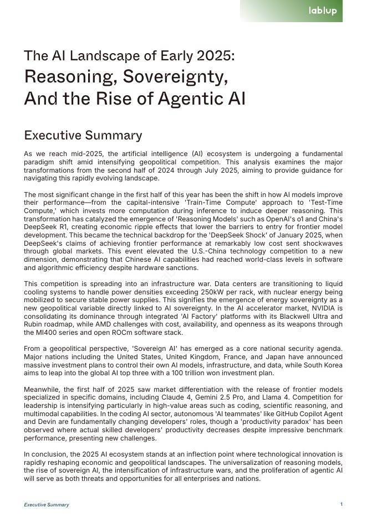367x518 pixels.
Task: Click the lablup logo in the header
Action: coord(323,11)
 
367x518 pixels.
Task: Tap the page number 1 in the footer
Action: coord(341,504)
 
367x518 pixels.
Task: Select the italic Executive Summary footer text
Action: coord(47,505)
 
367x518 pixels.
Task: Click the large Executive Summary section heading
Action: coord(83,136)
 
